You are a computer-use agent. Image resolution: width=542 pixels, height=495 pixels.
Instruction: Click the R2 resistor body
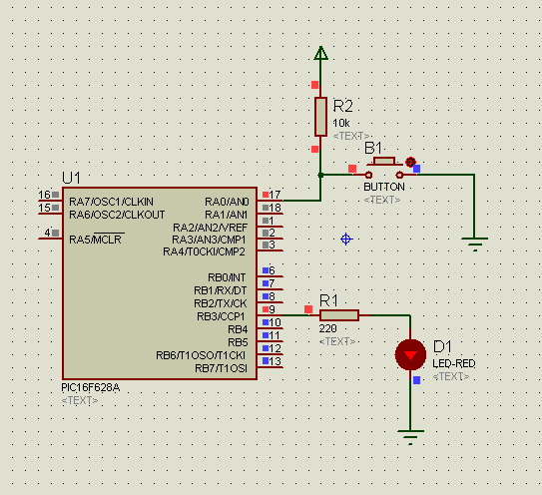tap(320, 117)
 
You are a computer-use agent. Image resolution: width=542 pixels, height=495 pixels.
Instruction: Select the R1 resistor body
tap(339, 315)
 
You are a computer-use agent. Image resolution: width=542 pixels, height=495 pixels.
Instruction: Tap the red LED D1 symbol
tap(410, 355)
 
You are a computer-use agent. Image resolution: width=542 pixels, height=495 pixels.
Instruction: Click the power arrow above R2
tap(320, 53)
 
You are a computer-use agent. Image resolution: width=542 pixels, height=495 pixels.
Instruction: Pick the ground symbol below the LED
tap(410, 437)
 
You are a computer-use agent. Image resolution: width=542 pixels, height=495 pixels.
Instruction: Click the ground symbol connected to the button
tap(474, 244)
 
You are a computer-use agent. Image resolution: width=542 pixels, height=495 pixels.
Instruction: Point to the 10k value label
tap(341, 123)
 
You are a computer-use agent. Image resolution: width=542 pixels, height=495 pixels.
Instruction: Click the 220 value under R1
tap(328, 328)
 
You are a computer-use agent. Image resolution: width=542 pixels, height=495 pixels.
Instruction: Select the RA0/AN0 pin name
tap(227, 202)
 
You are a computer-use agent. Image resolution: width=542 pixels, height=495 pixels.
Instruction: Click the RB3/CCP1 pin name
tap(221, 316)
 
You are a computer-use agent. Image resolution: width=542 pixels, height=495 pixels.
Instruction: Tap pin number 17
tap(274, 195)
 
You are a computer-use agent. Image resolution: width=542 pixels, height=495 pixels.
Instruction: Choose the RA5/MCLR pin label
tap(96, 240)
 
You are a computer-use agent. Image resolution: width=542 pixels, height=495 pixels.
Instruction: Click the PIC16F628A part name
tap(91, 387)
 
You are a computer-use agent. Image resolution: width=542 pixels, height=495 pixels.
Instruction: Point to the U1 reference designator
tap(71, 178)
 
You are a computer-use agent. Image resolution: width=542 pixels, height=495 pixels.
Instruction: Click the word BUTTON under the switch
tap(384, 187)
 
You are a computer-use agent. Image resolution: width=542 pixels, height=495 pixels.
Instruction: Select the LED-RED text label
tap(454, 363)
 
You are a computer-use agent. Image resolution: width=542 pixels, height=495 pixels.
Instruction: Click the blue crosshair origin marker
tap(346, 239)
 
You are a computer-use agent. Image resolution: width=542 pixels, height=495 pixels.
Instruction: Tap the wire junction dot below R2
tap(320, 175)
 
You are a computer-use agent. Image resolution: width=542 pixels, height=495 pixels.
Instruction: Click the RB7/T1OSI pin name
tap(221, 368)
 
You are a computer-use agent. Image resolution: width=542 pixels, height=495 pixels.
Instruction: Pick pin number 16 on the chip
tap(44, 195)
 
